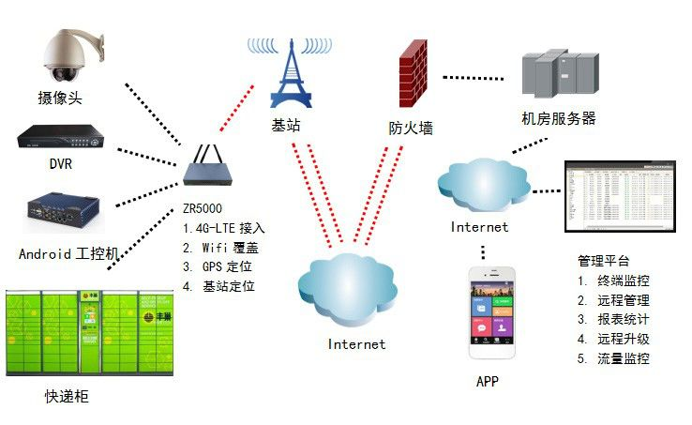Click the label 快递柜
coord(67,396)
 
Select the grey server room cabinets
coord(560,76)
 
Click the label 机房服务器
coord(559,119)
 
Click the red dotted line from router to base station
coord(237,108)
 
